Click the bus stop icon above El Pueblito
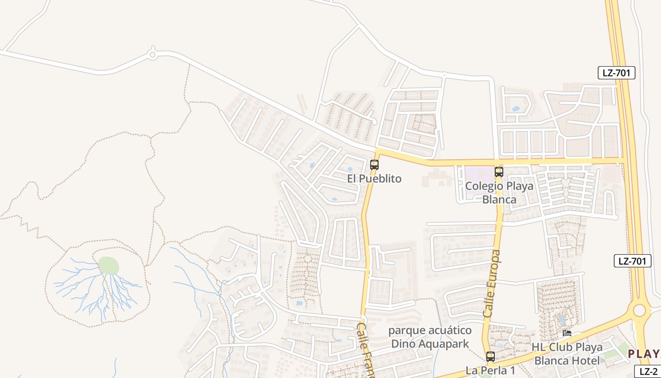click(374, 165)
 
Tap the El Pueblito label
click(374, 179)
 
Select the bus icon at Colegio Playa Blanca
click(499, 172)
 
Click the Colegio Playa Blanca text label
click(499, 192)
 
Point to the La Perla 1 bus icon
click(491, 357)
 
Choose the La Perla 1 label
click(490, 370)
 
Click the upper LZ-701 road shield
click(617, 73)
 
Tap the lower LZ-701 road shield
click(633, 261)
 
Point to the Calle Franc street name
click(365, 350)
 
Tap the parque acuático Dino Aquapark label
click(430, 336)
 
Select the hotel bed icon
click(567, 333)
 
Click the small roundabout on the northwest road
click(152, 55)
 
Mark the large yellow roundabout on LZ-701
click(639, 310)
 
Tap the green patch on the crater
click(109, 265)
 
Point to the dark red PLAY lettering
click(644, 354)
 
